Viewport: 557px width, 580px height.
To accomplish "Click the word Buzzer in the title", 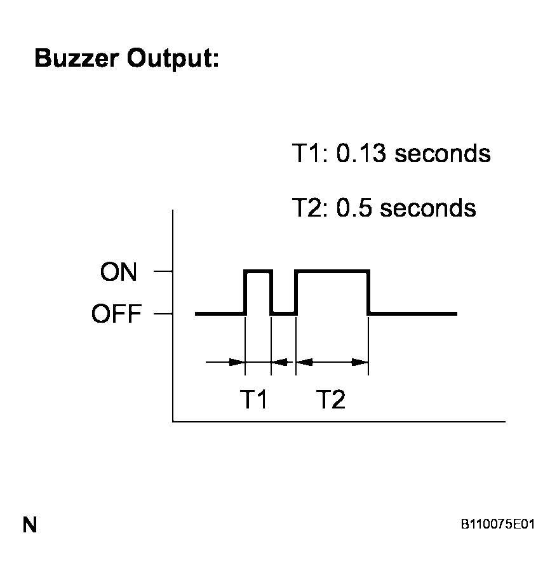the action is [77, 58].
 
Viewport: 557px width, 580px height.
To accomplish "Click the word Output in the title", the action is [173, 59].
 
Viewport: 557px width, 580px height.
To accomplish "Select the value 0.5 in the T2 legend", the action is [354, 208].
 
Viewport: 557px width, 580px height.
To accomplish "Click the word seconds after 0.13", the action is [442, 153].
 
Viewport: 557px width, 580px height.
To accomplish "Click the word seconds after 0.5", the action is [428, 208].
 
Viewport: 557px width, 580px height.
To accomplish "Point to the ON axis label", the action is [118, 272].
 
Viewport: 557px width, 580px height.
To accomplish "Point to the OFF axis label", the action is [116, 314].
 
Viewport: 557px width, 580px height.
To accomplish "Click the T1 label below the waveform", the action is [253, 400].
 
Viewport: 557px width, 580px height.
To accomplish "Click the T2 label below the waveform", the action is [331, 400].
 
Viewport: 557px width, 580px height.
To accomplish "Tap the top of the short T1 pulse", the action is [258, 271].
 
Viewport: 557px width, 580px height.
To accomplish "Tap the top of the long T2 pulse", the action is [332, 271].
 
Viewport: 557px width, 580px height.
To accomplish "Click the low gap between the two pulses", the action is [284, 314].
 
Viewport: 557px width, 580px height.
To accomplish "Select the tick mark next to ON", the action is [163, 271].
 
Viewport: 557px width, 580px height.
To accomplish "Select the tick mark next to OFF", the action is [163, 314].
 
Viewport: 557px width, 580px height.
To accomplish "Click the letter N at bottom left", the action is [30, 525].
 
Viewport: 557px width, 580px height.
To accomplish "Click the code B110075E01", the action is [497, 524].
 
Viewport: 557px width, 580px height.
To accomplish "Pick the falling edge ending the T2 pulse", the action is [369, 292].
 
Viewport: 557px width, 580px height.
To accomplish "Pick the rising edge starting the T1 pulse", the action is [245, 292].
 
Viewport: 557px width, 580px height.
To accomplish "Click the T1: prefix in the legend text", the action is [309, 153].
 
